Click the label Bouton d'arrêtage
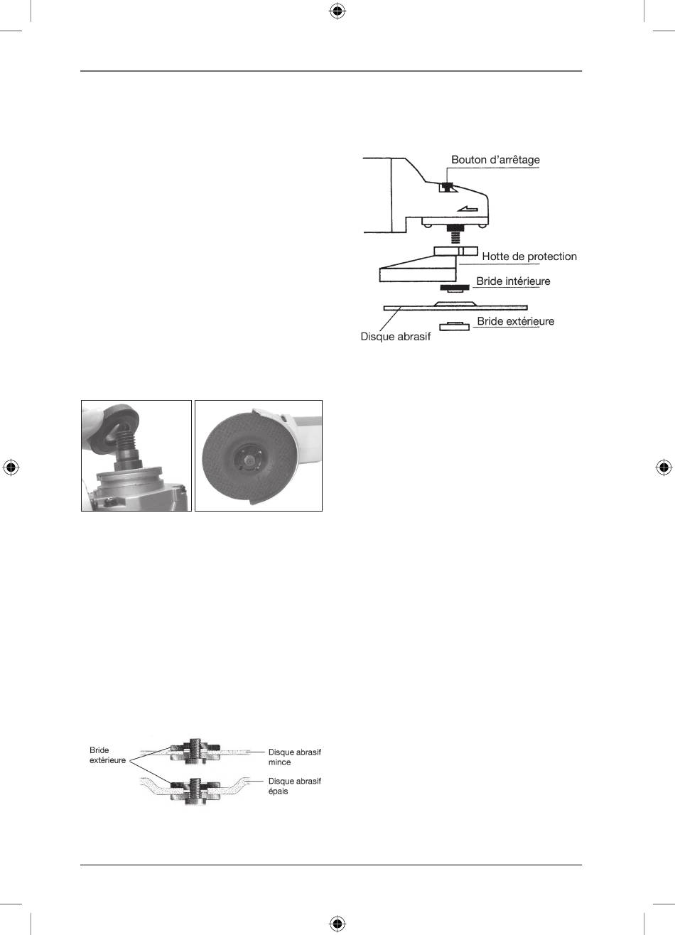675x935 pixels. coord(495,160)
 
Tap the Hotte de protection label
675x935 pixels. coord(529,256)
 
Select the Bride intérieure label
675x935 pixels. coord(513,281)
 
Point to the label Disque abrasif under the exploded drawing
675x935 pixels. coord(395,337)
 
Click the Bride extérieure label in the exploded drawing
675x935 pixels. coord(516,321)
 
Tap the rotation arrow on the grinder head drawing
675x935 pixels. coord(468,208)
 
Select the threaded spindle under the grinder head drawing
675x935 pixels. coord(455,236)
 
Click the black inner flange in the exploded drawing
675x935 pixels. coord(455,287)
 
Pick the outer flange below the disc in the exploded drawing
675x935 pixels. coord(454,326)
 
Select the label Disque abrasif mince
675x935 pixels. coord(295,757)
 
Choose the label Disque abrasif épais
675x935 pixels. coord(295,786)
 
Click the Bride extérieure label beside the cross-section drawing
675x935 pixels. coord(107,755)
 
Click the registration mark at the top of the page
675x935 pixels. coord(337,11)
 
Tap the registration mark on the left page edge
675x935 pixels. coord(11,467)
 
